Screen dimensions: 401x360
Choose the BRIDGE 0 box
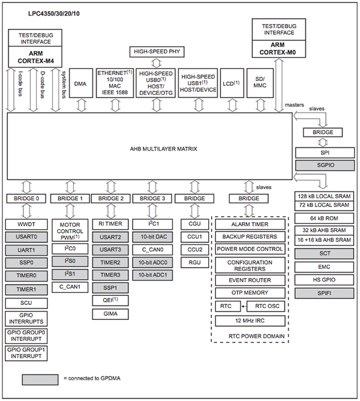[26, 198]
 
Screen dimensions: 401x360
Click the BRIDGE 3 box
[152, 198]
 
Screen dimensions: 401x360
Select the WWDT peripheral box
[26, 224]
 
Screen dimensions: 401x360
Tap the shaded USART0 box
[26, 237]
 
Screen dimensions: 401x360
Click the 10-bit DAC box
[152, 237]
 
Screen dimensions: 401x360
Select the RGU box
[194, 262]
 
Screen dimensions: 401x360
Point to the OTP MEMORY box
[249, 292]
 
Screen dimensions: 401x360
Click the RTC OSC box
[264, 306]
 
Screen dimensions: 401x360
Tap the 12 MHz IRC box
[249, 321]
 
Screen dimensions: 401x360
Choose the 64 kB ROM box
[323, 218]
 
